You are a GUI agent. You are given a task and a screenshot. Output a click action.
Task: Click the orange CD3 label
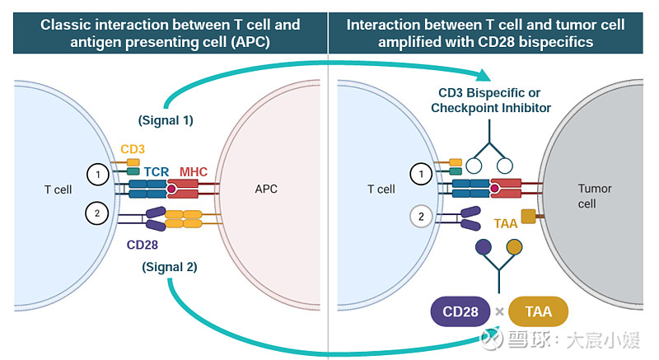(133, 149)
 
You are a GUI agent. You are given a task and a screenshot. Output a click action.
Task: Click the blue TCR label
(157, 172)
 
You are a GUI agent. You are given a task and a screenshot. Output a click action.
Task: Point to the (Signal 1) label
(166, 120)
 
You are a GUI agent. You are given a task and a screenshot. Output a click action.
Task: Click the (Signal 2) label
(169, 267)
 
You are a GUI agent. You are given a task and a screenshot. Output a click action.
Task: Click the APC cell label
(266, 189)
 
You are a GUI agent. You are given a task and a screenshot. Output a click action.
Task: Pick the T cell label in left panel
(58, 189)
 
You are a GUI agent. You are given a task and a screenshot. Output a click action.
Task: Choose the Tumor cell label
(594, 196)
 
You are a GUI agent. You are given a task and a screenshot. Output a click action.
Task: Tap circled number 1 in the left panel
(97, 174)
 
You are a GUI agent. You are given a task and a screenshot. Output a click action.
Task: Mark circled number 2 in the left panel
(97, 213)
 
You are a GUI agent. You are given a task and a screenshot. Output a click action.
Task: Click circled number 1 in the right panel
(422, 174)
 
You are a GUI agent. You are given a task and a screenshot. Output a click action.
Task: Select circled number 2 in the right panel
(422, 217)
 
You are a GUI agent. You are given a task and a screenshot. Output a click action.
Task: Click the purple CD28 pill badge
(460, 312)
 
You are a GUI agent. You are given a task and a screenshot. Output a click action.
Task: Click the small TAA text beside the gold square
(506, 223)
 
